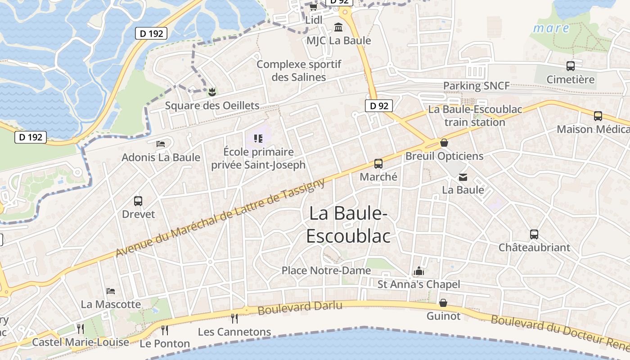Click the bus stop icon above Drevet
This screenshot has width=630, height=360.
(138, 201)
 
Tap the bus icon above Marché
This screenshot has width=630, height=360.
(378, 164)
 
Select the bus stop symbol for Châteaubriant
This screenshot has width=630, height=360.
(534, 234)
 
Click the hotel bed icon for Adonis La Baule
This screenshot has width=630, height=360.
(161, 144)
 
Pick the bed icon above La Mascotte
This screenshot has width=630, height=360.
(111, 291)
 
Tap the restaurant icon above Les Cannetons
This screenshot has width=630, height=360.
(234, 319)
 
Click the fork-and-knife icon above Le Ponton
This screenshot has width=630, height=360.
(165, 330)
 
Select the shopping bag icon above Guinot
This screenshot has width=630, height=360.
(443, 303)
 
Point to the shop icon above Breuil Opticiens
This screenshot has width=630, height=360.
(444, 143)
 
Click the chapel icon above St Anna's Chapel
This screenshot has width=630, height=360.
(419, 271)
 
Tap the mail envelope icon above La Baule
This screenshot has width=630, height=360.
(463, 177)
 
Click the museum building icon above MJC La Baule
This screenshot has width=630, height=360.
(338, 27)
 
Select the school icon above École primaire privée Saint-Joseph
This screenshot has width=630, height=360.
(258, 139)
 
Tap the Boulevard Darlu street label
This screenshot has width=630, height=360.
(300, 308)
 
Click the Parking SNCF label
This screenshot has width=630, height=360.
(476, 86)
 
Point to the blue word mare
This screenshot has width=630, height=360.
(551, 28)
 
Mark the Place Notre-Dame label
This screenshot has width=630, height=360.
(326, 270)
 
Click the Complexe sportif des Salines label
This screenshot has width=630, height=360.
(299, 71)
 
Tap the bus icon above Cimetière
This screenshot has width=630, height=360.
(571, 66)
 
